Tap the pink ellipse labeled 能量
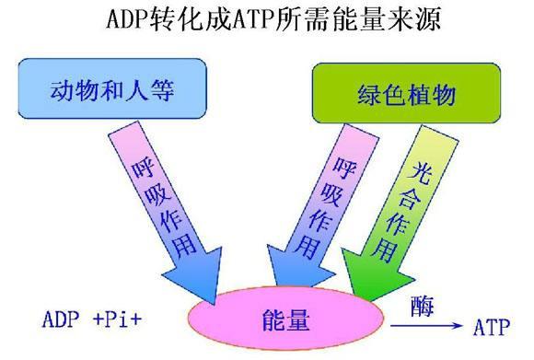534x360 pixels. coord(284,320)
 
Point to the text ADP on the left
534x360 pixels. coord(63,321)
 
